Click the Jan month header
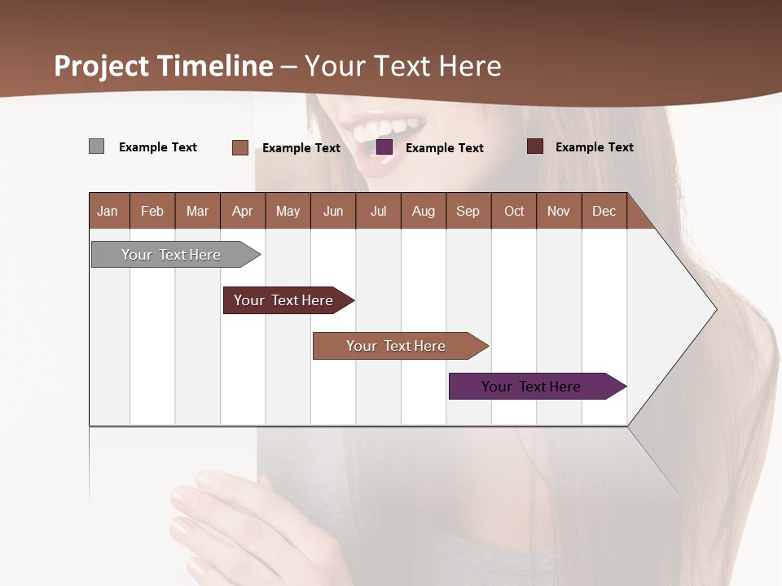coord(108,211)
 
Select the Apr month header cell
coord(242,211)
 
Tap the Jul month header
coord(378,211)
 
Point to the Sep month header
coord(468,211)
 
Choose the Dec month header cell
coord(604,211)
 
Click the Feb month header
coord(152,211)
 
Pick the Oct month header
coord(513,211)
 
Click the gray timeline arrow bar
coord(171,255)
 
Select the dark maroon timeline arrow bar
coord(283,300)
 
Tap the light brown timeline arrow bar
coord(396,346)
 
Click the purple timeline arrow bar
coord(531,387)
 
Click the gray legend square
coord(96,146)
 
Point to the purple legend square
coord(384,147)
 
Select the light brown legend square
coord(239,147)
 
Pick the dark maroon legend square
coord(534,146)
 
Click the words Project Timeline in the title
coord(163,65)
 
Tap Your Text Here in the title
coord(403,65)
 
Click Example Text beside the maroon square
coord(594,147)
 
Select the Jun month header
coord(333,211)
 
